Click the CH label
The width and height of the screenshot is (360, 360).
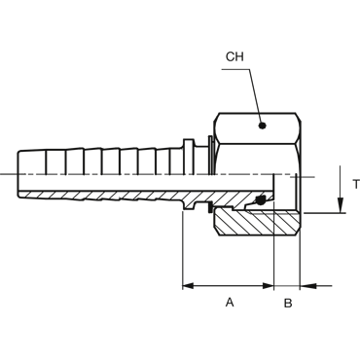coord(234,56)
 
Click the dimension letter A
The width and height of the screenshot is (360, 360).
coord(230,303)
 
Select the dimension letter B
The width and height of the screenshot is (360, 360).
coord(288,303)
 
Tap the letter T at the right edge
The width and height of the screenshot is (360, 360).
coord(356,184)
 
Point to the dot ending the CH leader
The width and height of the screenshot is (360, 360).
coord(263,126)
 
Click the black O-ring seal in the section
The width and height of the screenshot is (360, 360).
coord(260,200)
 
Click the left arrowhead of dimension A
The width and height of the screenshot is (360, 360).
coord(189,286)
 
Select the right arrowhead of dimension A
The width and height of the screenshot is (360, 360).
coord(269,286)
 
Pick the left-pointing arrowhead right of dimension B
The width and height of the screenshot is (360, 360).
coord(307,286)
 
